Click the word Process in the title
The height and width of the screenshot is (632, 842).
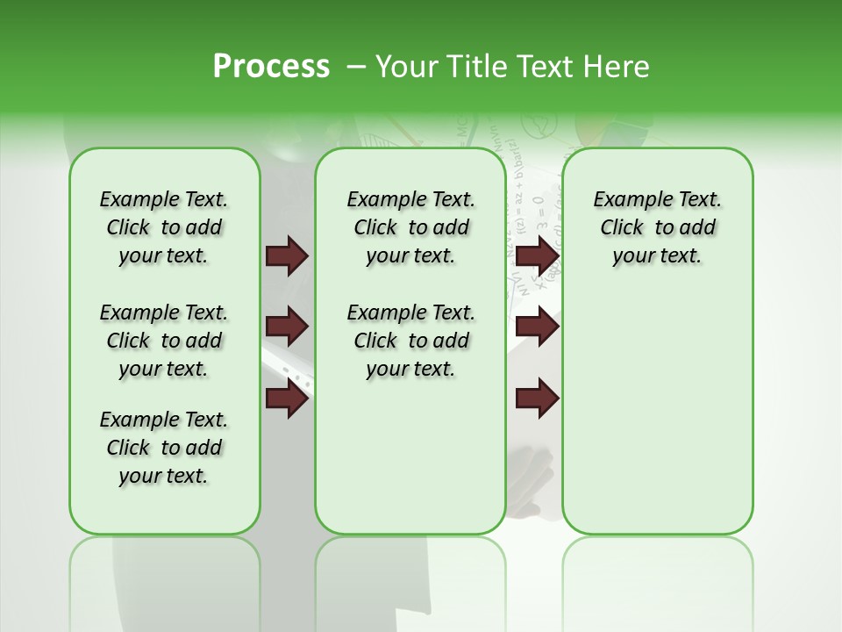(271, 67)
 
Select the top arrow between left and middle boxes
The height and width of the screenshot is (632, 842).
(287, 256)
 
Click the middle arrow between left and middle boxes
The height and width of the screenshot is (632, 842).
(287, 327)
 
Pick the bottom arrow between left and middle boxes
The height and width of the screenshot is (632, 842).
(287, 399)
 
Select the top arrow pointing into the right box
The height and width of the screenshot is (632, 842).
(537, 256)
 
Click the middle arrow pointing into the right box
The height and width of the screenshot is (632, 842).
(537, 327)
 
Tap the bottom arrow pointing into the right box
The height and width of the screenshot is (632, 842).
(537, 399)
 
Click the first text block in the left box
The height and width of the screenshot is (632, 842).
(164, 227)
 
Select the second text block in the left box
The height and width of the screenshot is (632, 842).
(164, 341)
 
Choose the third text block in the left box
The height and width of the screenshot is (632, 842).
(164, 448)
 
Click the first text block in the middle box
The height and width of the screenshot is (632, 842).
(410, 227)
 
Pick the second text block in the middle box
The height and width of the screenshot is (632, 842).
(410, 341)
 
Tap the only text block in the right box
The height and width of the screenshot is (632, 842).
(657, 227)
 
